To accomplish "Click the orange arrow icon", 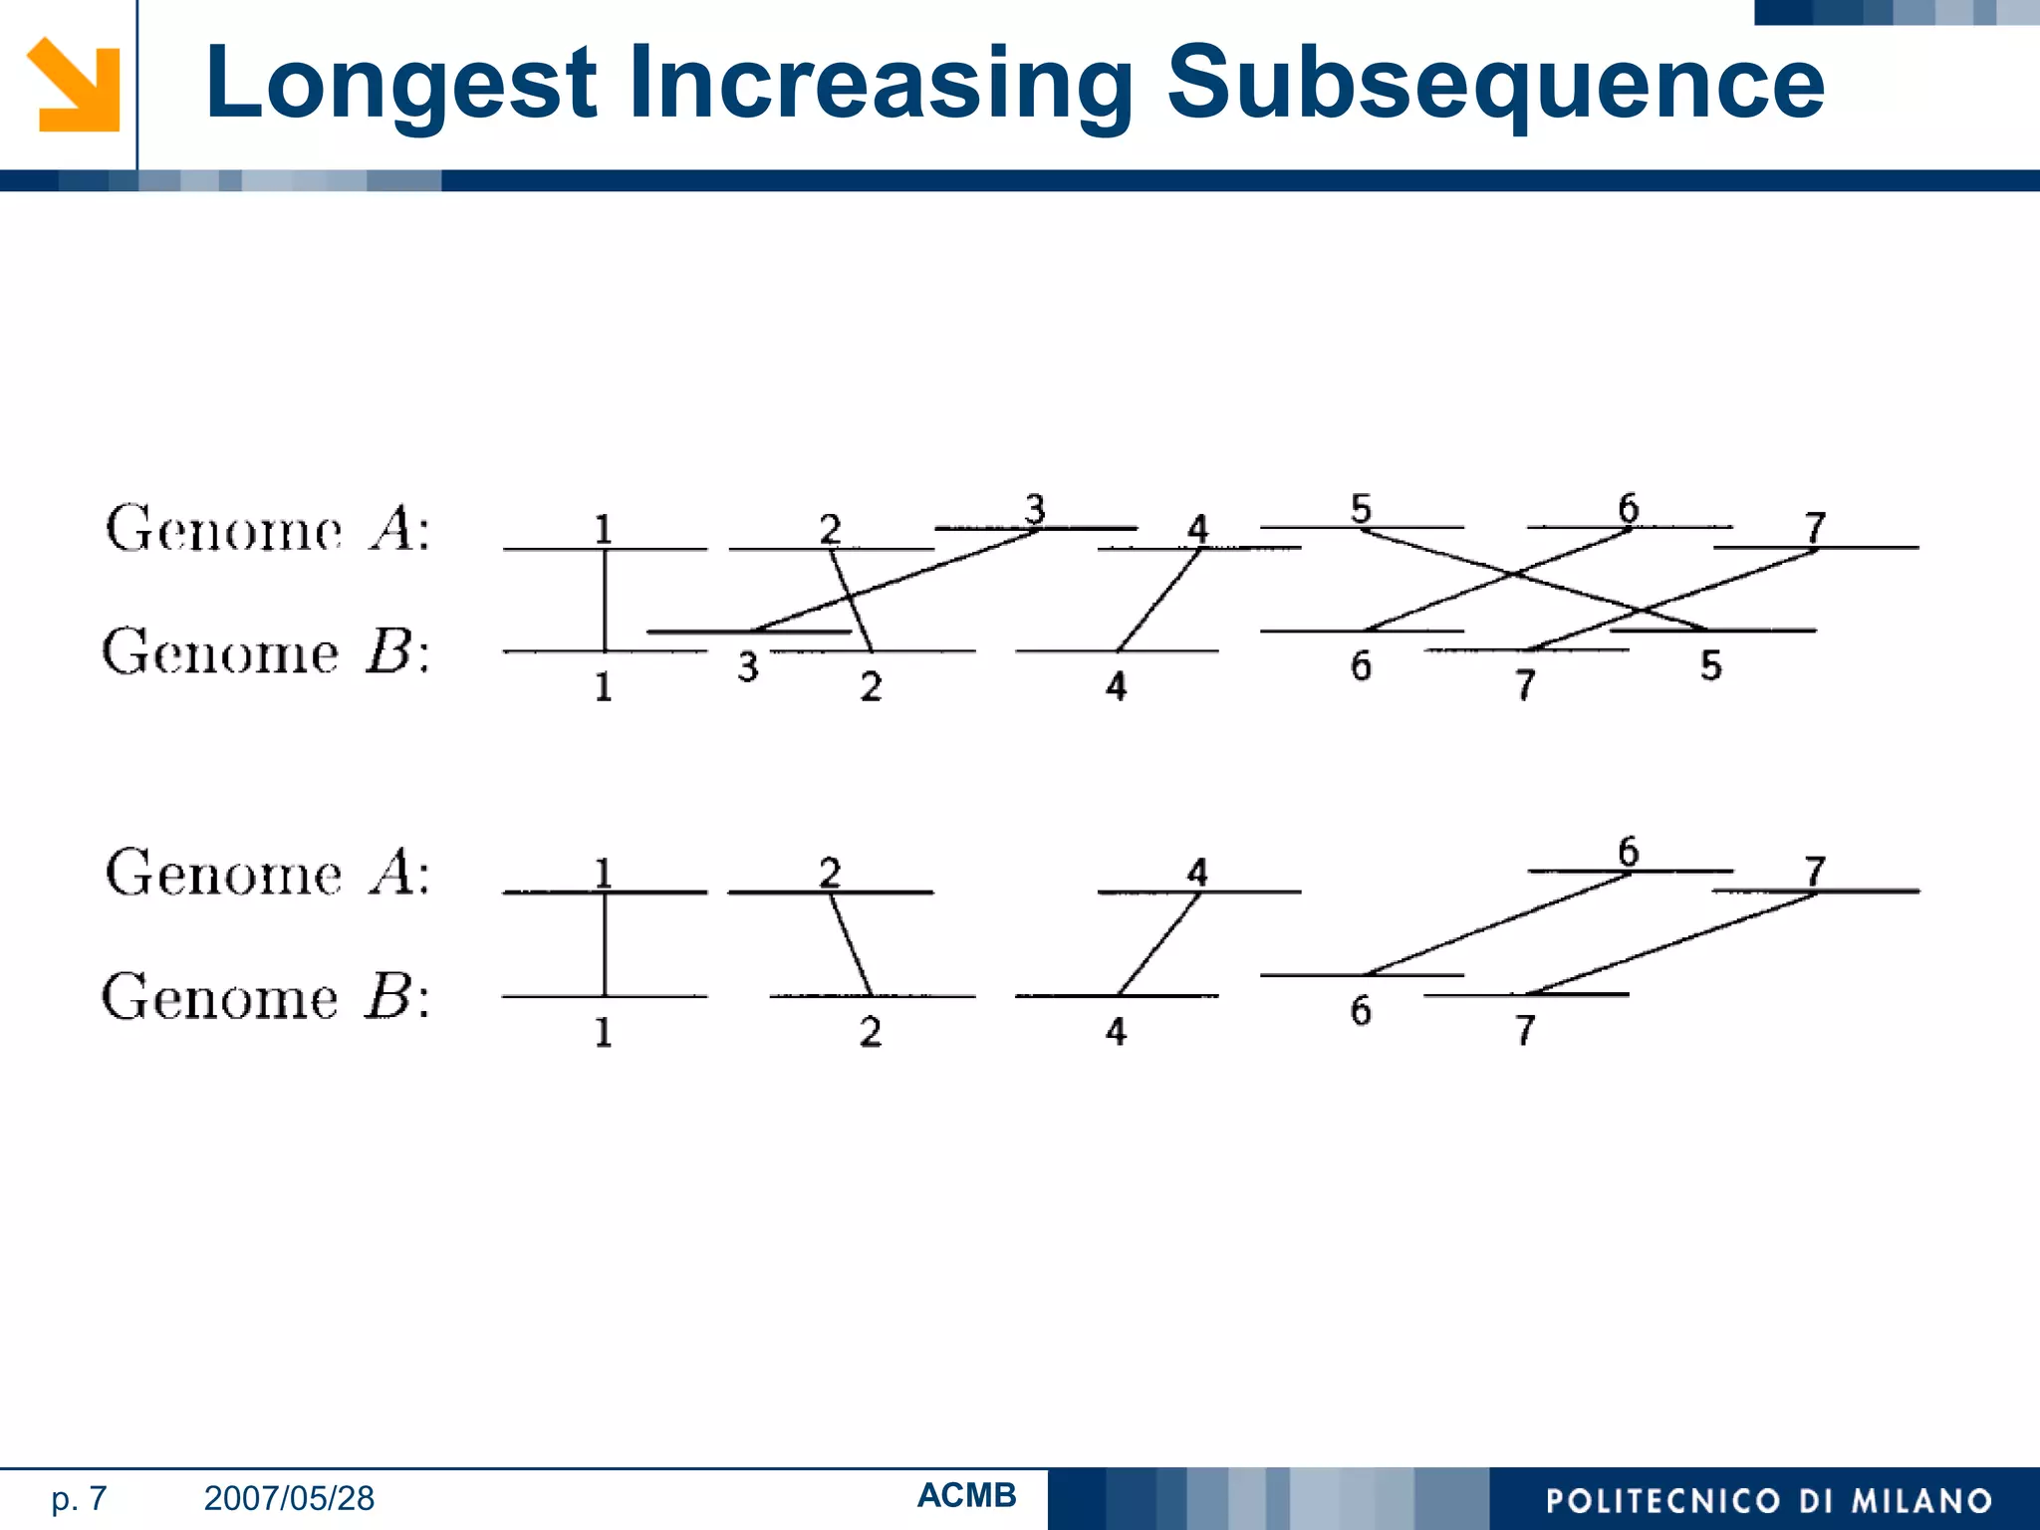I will [x=74, y=85].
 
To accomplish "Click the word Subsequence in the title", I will [x=1494, y=85].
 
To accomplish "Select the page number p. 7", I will [x=79, y=1498].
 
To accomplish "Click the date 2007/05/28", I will [x=289, y=1498].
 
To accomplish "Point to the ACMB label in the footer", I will [x=966, y=1495].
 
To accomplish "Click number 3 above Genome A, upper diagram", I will [x=1035, y=509].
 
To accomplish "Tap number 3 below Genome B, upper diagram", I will [x=748, y=666].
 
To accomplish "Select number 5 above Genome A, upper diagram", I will [x=1361, y=509].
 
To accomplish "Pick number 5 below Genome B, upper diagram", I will [x=1710, y=665].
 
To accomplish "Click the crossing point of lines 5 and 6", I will [x=1515, y=574].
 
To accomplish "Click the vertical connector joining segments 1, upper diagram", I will [x=605, y=600].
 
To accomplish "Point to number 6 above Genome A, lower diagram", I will [x=1628, y=853].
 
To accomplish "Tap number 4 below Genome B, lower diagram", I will [x=1116, y=1031].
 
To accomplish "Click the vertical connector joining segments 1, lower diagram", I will [x=605, y=944].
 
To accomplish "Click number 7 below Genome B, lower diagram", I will [x=1525, y=1030].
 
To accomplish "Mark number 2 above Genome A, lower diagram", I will [x=830, y=873].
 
